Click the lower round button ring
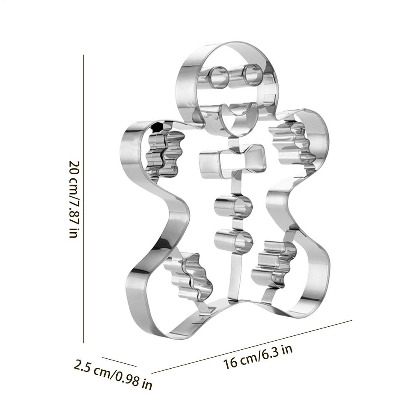tap(233, 239)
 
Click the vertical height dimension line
tap(84, 197)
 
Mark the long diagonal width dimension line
tap(255, 345)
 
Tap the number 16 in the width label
tap(230, 364)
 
